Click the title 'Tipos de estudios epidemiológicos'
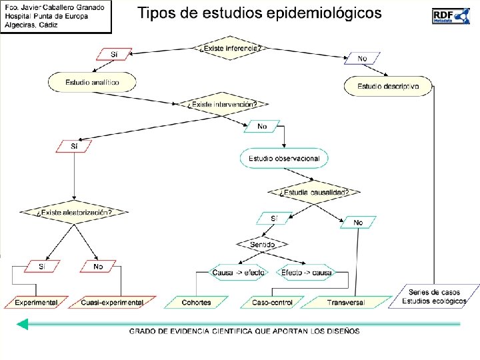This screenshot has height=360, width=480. pos(259,13)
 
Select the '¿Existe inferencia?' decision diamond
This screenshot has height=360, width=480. pos(229,48)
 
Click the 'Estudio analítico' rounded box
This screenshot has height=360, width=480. pos(92,82)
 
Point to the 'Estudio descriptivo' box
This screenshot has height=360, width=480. pos(388,86)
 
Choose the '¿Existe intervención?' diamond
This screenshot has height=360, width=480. pos(222,104)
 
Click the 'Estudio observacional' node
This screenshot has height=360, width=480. pos(284,159)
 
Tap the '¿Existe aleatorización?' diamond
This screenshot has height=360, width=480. pos(73,213)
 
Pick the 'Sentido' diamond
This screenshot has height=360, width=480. pos(262,245)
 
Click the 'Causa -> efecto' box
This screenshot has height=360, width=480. pos(238,273)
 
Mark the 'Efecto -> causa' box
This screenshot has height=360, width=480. pos(306,273)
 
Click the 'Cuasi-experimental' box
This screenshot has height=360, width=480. pos(112,302)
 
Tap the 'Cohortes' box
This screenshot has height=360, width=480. pos(196,302)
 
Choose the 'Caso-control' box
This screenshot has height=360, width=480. pos(272,302)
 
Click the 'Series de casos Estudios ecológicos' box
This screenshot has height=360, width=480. pos(434,297)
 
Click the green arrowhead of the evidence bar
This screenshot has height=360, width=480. pos(23,325)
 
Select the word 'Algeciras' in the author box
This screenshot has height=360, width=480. pos(21,25)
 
